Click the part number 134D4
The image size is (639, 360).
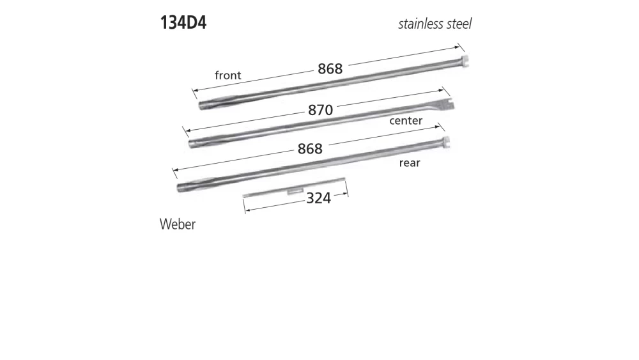(183, 24)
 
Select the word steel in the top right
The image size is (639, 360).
(459, 24)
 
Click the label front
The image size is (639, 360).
(227, 75)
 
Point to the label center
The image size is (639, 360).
(406, 120)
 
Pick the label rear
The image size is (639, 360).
(410, 163)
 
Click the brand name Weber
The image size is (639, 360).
(178, 224)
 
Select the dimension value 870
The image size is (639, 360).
(320, 110)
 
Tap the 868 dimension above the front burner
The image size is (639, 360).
(330, 68)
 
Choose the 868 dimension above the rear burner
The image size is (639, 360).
(310, 148)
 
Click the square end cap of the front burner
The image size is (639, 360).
(464, 62)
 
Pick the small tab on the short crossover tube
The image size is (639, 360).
(295, 190)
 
